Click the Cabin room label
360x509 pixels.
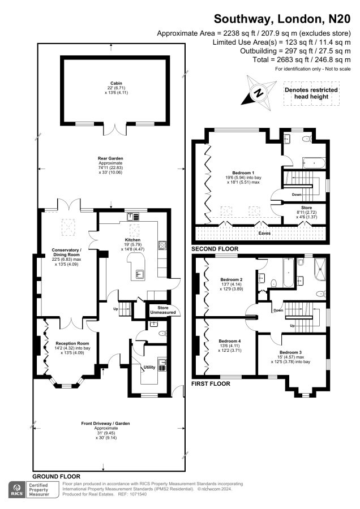[116, 84]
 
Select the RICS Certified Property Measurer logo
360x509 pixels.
[34, 490]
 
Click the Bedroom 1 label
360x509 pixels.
[243, 172]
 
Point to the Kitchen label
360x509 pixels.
[132, 240]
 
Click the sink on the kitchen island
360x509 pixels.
[139, 275]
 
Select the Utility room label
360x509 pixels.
[149, 367]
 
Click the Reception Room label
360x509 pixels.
[72, 343]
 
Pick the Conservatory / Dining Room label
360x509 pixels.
[67, 253]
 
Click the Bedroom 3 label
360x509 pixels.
[290, 352]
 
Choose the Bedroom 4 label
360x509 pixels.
[230, 341]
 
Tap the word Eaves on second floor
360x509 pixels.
[264, 233]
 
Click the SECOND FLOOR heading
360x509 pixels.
[215, 249]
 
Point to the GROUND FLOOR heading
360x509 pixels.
[56, 477]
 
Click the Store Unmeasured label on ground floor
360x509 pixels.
[163, 310]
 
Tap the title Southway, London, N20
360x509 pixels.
[282, 19]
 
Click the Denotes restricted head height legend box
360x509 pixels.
[311, 93]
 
